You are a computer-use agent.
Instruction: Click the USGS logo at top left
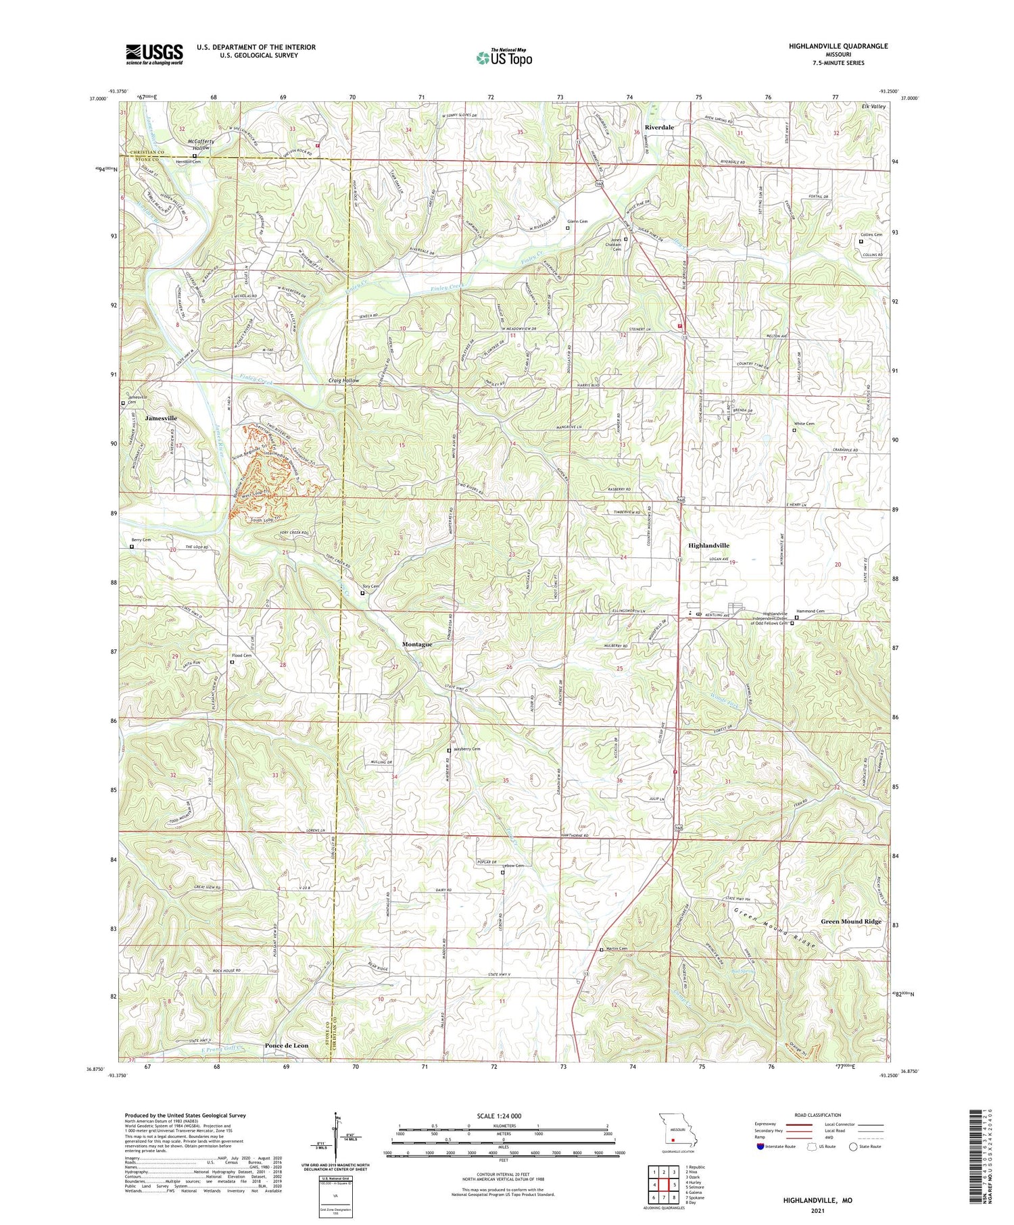coord(154,54)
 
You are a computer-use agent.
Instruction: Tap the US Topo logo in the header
coord(504,57)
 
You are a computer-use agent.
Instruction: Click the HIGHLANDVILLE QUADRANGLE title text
coord(838,46)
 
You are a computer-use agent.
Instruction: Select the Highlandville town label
coord(708,545)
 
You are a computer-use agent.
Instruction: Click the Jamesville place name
coord(160,418)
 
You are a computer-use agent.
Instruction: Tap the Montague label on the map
coord(417,644)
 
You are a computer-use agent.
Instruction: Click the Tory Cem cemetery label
coord(371,586)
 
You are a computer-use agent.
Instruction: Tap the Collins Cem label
coord(871,234)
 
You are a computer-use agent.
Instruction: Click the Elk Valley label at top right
coord(873,107)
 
